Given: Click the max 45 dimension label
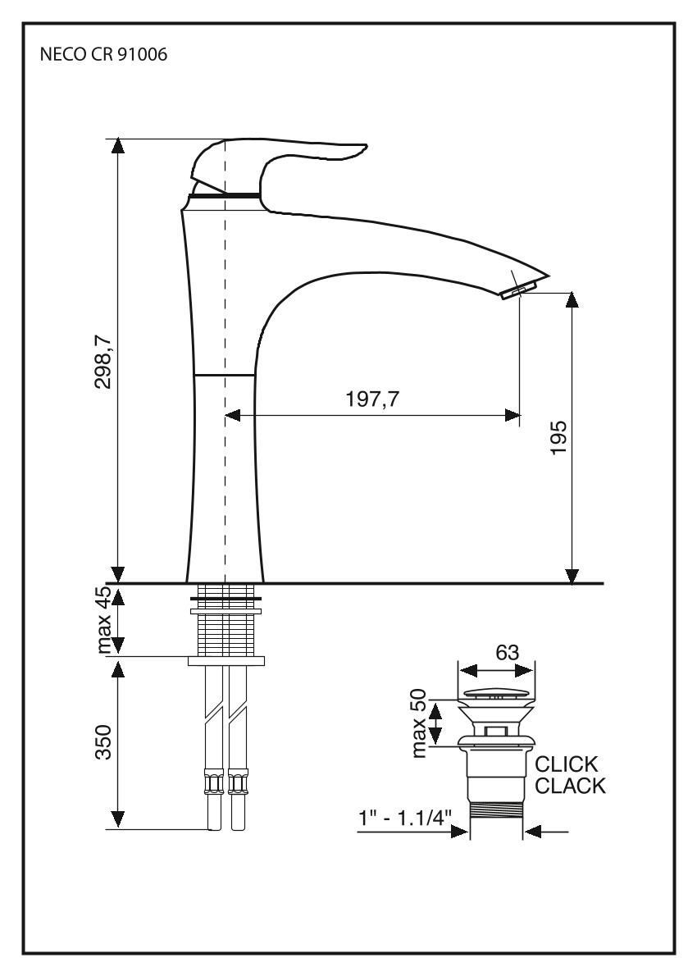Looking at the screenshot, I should tap(103, 621).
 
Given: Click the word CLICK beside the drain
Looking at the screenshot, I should tap(567, 764).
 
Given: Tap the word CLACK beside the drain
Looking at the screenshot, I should tap(570, 787).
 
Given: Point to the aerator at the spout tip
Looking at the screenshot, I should tap(519, 288).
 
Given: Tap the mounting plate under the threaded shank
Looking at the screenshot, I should tap(226, 660).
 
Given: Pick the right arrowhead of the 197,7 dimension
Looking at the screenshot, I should tap(512, 416).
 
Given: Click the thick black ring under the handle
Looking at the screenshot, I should tap(225, 196).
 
